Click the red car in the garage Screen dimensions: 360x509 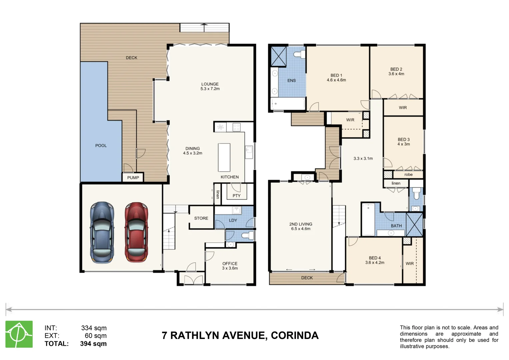tap(136, 232)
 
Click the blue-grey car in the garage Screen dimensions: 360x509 tap(102, 232)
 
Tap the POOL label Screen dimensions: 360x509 tap(101, 146)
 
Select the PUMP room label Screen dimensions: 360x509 tap(133, 178)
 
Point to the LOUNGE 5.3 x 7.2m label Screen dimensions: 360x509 tap(210, 86)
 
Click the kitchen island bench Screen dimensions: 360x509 tap(224, 157)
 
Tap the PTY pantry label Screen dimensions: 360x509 tap(236, 196)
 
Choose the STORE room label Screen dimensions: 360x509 tap(201, 218)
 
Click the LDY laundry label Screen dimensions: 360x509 tap(233, 220)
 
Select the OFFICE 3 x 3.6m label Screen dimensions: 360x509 tap(230, 266)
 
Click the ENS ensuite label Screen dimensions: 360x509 tap(291, 80)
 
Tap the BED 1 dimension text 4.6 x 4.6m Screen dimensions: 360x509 tap(336, 80)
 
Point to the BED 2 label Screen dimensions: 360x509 tap(396, 69)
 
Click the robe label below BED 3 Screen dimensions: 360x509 tap(408, 175)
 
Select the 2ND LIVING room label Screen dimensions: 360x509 tap(301, 224)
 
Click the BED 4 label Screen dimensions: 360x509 tap(375, 258)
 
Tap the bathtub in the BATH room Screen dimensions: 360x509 tap(368, 219)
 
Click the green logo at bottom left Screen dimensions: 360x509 tap(19, 334)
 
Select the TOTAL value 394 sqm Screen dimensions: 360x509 tap(93, 344)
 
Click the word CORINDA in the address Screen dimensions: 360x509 tap(294, 336)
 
